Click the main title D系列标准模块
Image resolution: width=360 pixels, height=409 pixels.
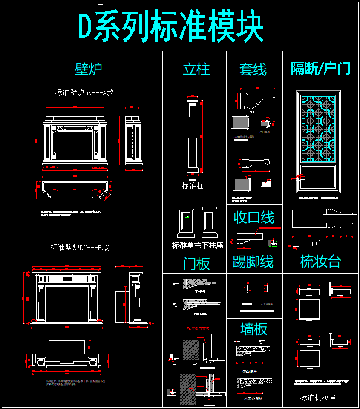[171, 26]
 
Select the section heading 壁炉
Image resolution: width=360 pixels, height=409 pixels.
[88, 68]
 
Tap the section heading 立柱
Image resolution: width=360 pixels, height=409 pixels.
[196, 69]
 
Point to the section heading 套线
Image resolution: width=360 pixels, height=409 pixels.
[253, 69]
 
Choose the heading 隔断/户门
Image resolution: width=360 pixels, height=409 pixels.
[321, 68]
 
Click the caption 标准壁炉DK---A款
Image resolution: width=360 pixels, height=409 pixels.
[84, 92]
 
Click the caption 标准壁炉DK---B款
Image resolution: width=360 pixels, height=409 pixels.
[80, 247]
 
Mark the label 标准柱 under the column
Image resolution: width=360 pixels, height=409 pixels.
[193, 186]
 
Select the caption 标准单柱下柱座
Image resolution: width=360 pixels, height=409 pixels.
[198, 245]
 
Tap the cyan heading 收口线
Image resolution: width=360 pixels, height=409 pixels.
[254, 218]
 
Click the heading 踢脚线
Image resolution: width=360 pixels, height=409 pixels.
[253, 262]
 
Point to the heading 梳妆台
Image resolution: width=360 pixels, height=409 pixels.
[320, 262]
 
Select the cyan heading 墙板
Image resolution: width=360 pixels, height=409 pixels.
[254, 328]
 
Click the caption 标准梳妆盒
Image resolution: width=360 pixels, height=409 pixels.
[318, 397]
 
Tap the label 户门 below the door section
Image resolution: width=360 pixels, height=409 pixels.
[318, 244]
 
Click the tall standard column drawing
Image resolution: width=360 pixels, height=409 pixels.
[193, 136]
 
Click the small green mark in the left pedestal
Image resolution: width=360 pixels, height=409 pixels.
[186, 217]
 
